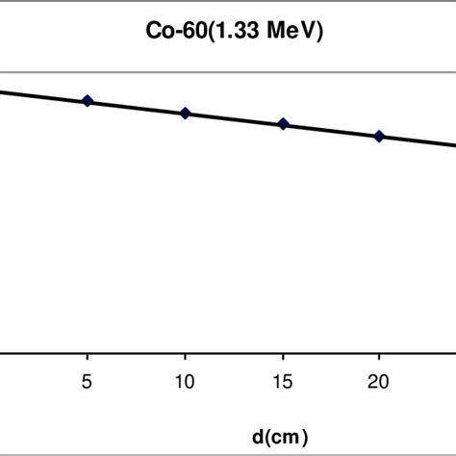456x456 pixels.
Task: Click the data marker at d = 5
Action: [x=88, y=101]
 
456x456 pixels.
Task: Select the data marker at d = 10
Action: [x=186, y=114]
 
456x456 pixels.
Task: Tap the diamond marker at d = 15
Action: [x=283, y=124]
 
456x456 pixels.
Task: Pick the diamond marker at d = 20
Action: [x=379, y=137]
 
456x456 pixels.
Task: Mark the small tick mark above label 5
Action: [x=88, y=356]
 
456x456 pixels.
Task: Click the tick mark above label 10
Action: [x=185, y=356]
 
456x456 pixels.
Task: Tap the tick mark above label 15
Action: [x=282, y=356]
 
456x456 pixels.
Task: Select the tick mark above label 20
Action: [x=379, y=356]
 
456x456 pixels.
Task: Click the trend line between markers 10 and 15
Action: [x=234, y=118]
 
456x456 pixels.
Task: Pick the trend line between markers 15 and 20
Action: [x=331, y=130]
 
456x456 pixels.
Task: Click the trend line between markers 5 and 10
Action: [x=137, y=107]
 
